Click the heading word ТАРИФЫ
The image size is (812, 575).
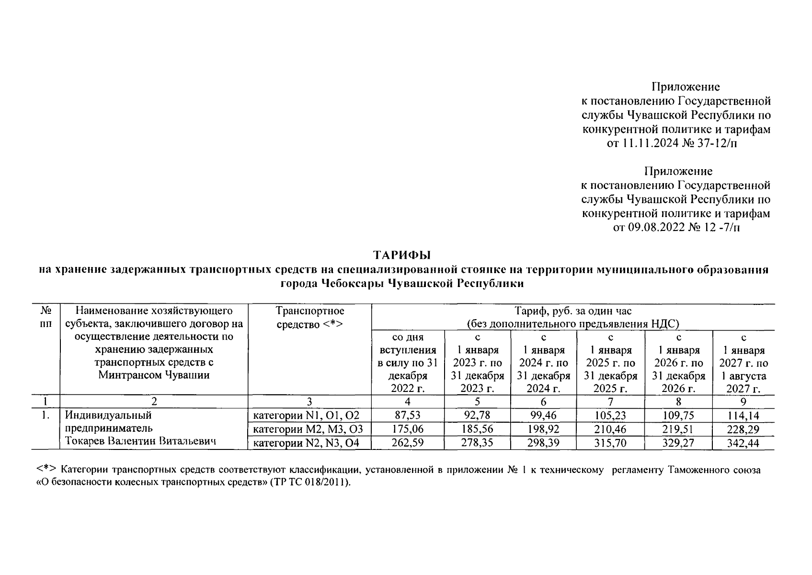[403, 254]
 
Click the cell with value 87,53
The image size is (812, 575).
[407, 415]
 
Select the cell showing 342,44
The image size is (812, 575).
[743, 443]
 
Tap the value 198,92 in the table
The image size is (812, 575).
[544, 429]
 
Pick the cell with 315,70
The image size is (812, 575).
[610, 443]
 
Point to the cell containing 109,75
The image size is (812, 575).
[678, 415]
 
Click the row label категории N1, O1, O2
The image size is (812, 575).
[306, 415]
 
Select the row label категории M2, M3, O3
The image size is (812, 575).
[308, 429]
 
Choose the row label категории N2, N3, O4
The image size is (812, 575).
[306, 443]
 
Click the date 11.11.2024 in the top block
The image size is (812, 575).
[650, 143]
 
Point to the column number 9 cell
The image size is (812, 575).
[743, 402]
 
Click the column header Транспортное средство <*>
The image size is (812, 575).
[309, 318]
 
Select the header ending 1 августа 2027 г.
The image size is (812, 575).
[743, 363]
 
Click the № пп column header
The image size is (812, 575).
[46, 318]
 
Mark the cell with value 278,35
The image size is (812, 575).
[477, 443]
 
